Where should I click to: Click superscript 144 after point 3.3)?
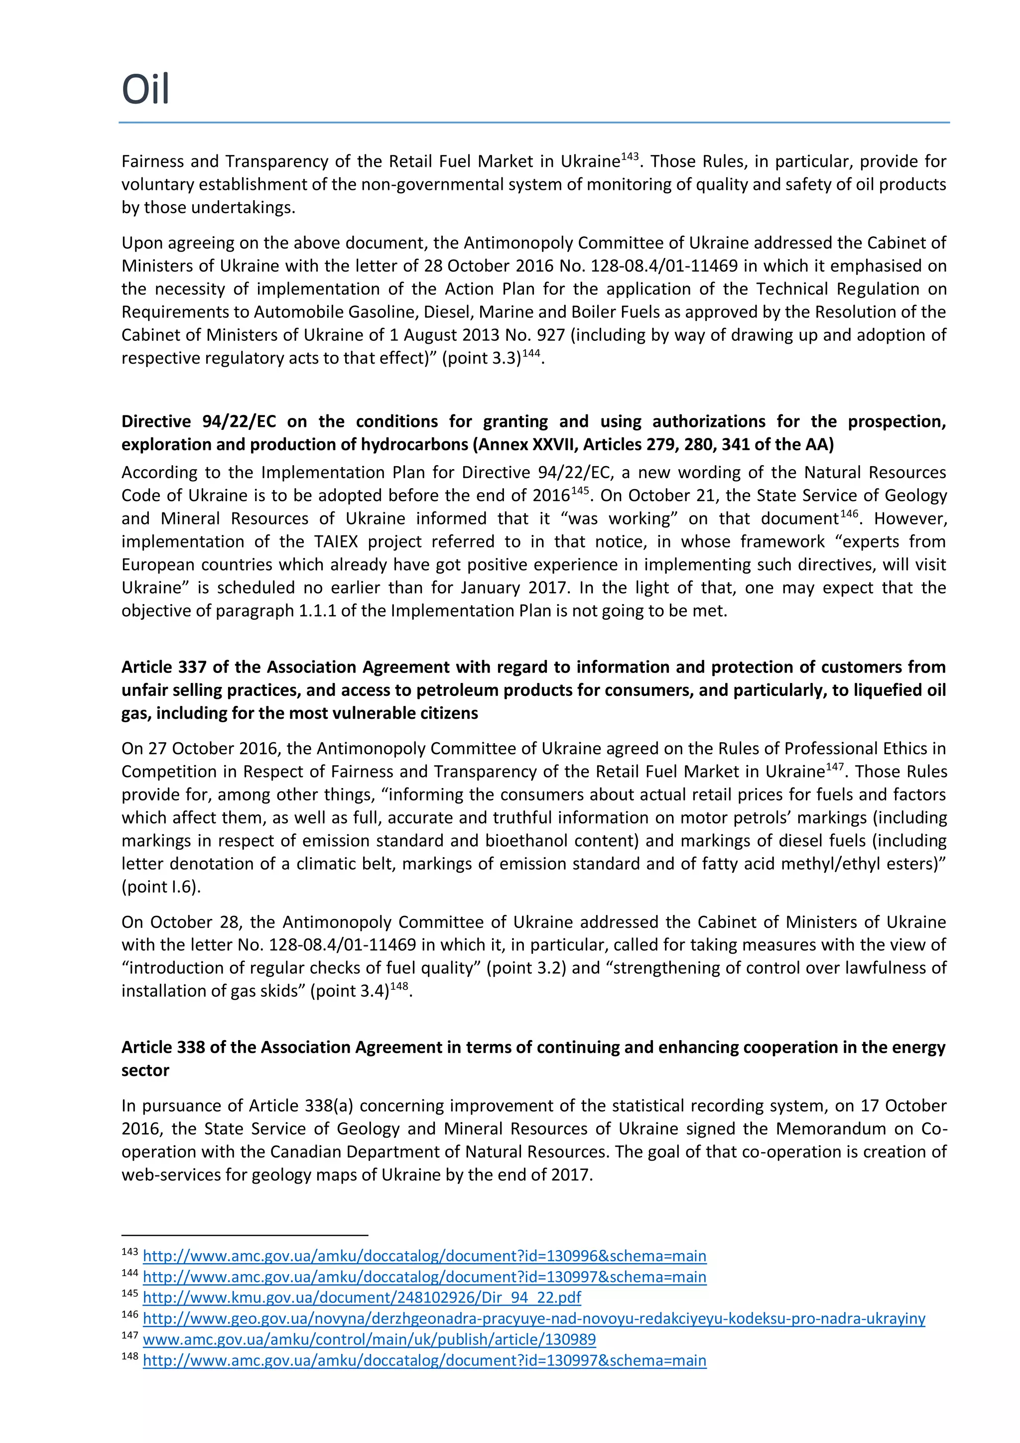[531, 354]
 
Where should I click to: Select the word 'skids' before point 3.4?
[283, 991]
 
